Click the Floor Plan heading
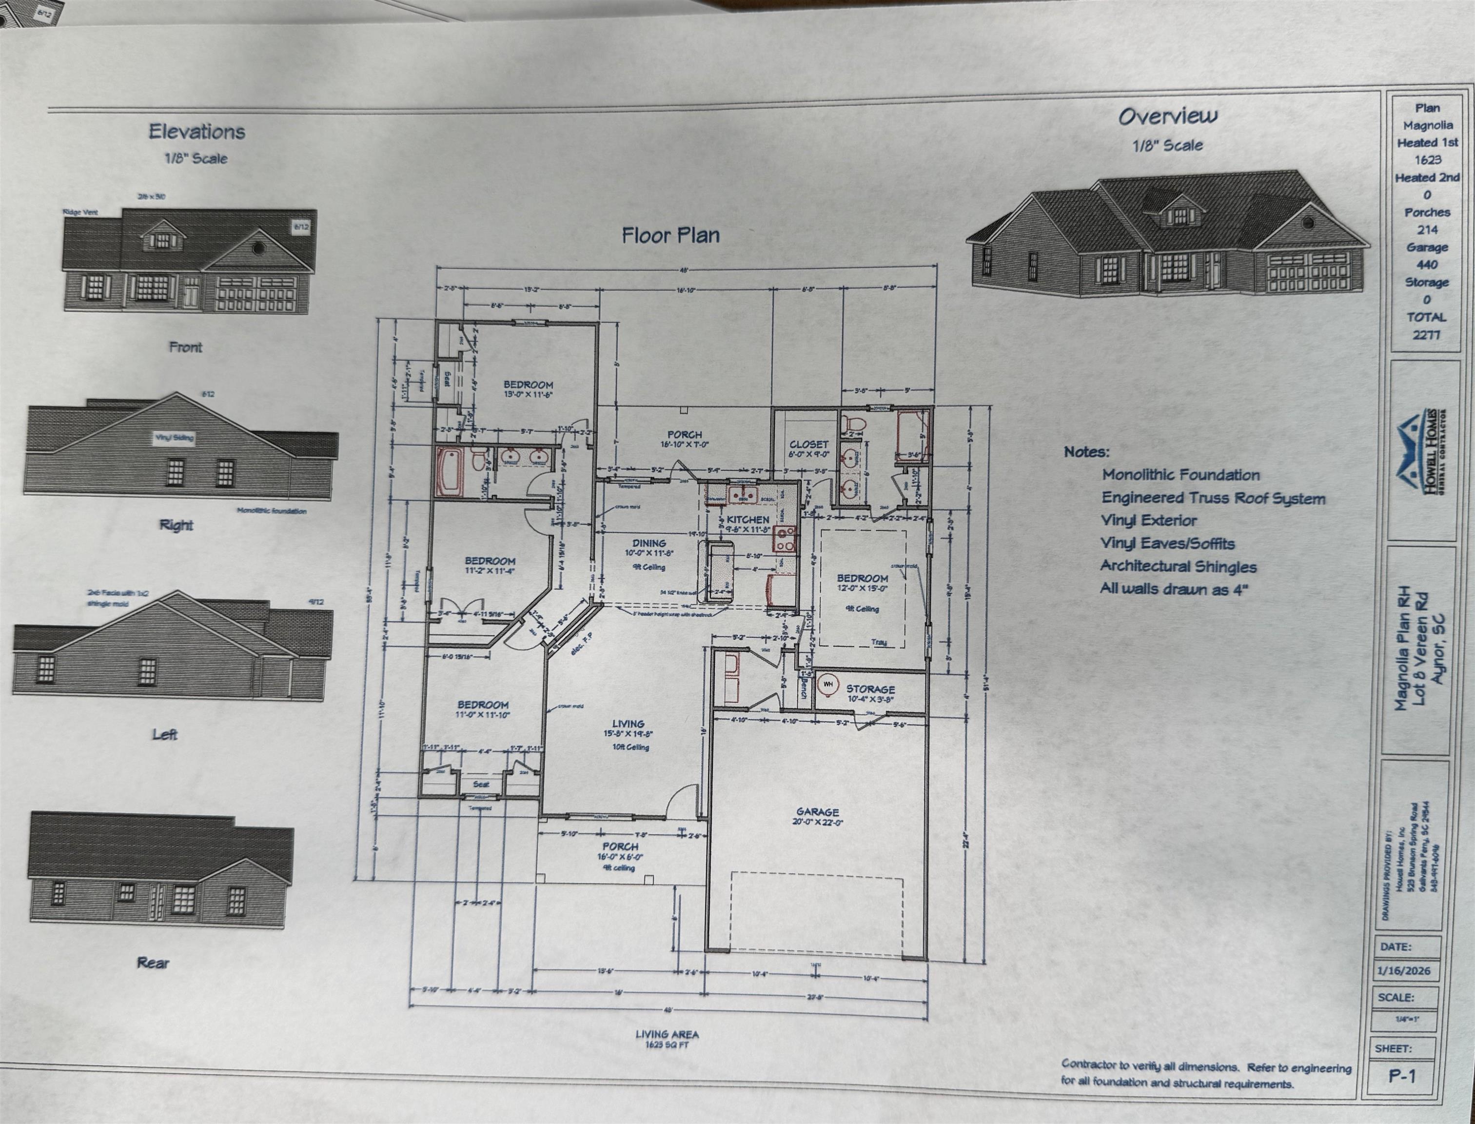(x=670, y=236)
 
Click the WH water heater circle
(x=828, y=684)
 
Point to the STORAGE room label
(x=870, y=688)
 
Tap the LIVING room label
(x=628, y=723)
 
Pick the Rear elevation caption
(x=153, y=963)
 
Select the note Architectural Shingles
(x=1178, y=567)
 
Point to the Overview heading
(x=1168, y=117)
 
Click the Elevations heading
(x=197, y=131)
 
